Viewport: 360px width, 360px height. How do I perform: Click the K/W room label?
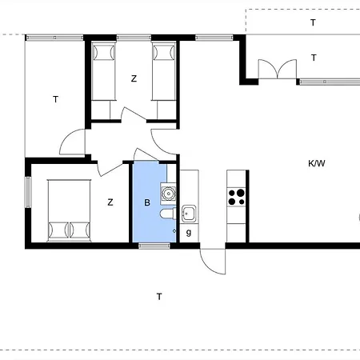point(317,163)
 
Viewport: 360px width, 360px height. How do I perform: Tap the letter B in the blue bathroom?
point(147,202)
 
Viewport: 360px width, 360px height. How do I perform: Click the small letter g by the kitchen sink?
point(189,233)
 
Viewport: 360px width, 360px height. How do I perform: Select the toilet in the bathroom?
point(168,214)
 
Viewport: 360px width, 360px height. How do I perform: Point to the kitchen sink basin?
point(189,214)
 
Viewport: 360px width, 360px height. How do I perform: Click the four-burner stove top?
point(236,197)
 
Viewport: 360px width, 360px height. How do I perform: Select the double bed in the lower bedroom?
point(69,210)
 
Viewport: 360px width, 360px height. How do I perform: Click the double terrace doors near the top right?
point(278,69)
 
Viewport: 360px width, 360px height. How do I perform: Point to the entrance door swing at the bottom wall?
point(213,262)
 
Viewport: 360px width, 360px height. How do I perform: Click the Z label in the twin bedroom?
point(134,78)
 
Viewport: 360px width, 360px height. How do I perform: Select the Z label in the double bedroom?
point(110,202)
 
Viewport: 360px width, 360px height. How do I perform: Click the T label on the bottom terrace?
point(159,297)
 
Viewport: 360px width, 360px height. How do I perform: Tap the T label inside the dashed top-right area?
point(313,22)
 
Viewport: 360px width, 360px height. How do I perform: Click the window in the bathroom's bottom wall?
point(154,246)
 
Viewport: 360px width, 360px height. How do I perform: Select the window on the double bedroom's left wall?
point(28,192)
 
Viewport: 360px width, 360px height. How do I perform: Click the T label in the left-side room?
point(55,99)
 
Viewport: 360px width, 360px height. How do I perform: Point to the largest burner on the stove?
point(241,193)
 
